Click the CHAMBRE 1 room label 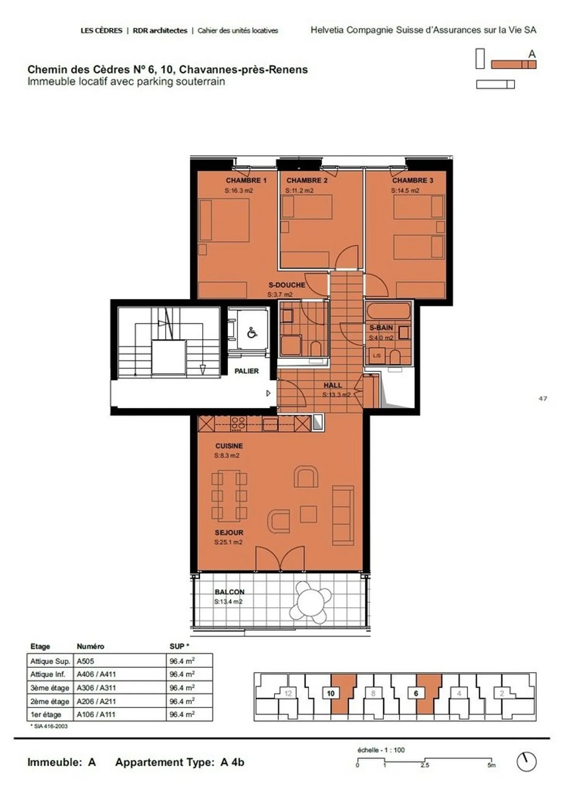point(246,180)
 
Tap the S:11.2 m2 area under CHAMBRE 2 point(299,191)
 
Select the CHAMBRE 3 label point(412,180)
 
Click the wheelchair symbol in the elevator point(252,333)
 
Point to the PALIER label point(246,371)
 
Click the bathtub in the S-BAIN point(388,311)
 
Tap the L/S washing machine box point(376,356)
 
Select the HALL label point(332,385)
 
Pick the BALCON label point(229,592)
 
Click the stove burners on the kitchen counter point(238,423)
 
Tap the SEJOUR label point(229,532)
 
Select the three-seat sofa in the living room point(343,515)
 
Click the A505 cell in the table point(85,661)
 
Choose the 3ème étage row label point(49,688)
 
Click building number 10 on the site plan point(330,693)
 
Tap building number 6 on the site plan point(416,693)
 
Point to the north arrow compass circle point(526,761)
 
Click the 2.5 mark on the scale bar point(424,765)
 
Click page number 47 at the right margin point(543,398)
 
